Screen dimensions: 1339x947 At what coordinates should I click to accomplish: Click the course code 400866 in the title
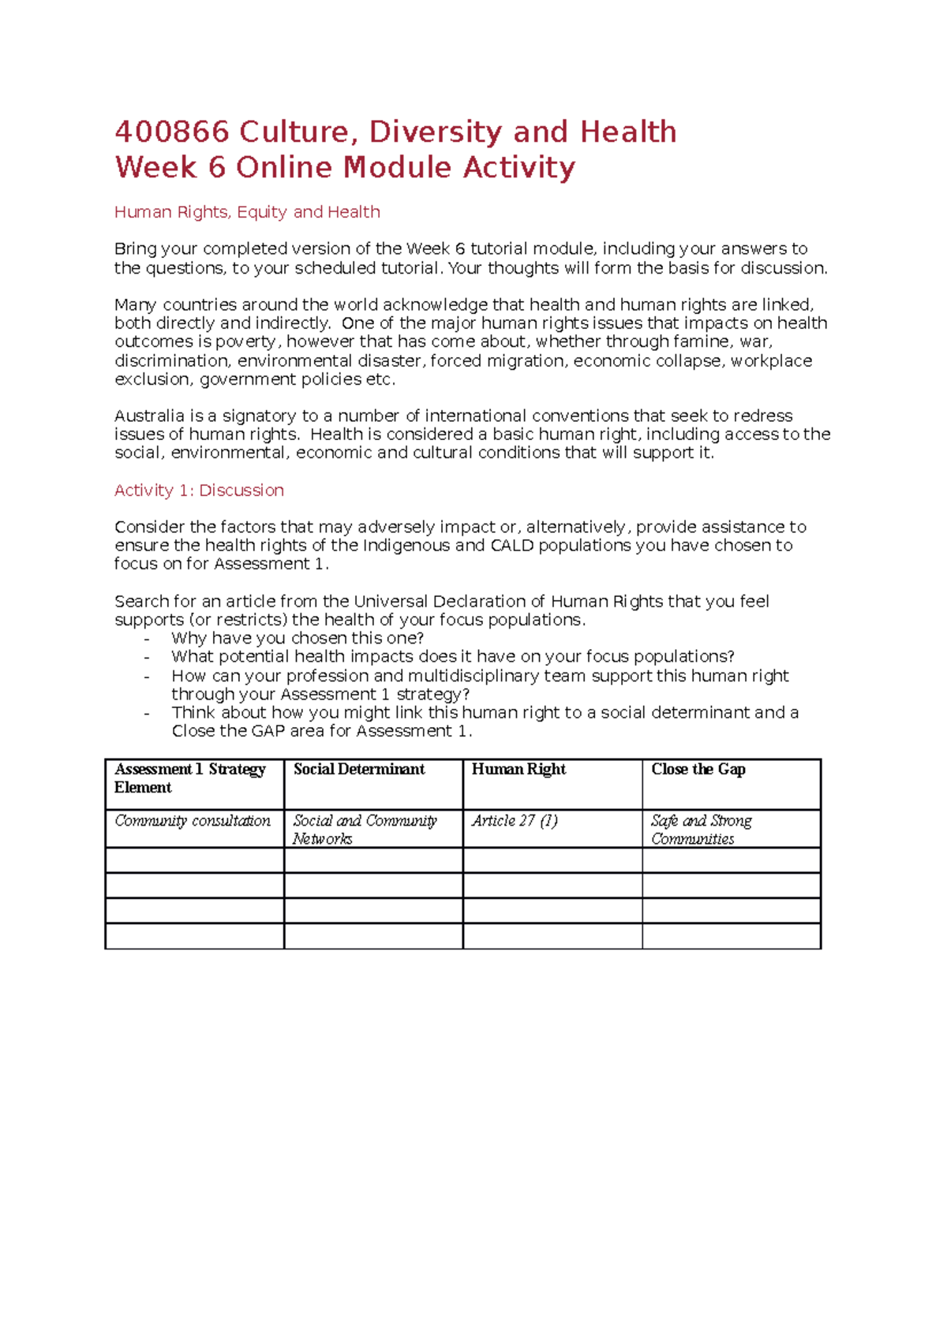[x=172, y=132]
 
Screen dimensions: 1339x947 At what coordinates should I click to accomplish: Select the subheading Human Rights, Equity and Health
[x=247, y=212]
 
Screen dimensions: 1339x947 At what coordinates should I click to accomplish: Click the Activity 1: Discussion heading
[x=199, y=490]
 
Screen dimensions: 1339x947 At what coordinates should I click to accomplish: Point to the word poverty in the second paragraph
[x=247, y=342]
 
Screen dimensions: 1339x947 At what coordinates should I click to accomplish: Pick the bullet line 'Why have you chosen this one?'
[x=298, y=638]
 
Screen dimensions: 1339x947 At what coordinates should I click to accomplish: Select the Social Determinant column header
[x=359, y=770]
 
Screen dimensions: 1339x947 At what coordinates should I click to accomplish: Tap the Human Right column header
[x=518, y=770]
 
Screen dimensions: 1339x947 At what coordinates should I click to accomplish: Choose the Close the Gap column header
[x=698, y=770]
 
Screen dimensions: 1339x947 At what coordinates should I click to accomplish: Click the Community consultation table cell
[x=193, y=821]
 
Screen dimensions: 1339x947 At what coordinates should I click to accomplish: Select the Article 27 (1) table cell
[x=515, y=821]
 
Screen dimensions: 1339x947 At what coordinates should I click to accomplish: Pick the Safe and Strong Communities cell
[x=701, y=830]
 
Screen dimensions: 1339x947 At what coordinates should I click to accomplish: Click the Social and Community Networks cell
[x=365, y=830]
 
